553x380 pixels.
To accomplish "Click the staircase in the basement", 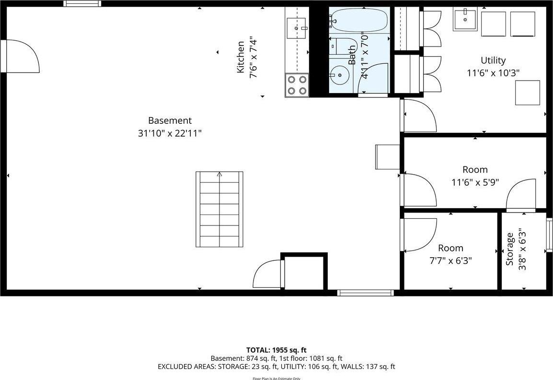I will tap(219, 209).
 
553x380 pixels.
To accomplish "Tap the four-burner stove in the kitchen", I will tap(297, 85).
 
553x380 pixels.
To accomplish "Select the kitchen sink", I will tap(297, 28).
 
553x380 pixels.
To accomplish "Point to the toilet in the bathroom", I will tap(341, 46).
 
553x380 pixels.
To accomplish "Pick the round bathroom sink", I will tap(340, 74).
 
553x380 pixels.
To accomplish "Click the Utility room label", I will tap(493, 60).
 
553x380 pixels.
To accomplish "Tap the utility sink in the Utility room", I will tap(465, 20).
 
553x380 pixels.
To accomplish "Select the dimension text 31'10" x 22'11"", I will tap(170, 133).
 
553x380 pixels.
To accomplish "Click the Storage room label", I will tap(510, 249).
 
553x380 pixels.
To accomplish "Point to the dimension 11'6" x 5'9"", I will tap(475, 182).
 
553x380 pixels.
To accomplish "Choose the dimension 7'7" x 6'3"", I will tap(450, 261).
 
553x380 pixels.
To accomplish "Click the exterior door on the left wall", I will tap(4, 56).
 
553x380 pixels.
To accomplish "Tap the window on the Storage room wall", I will tap(549, 235).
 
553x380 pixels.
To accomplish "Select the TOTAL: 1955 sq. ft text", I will tap(276, 350).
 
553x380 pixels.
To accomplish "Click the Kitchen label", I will tap(241, 57).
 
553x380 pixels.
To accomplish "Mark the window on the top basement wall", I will tap(82, 4).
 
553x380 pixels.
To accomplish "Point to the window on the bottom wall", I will tap(365, 292).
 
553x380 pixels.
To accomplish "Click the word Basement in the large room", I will tap(170, 121).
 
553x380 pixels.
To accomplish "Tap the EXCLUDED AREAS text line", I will tap(276, 367).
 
